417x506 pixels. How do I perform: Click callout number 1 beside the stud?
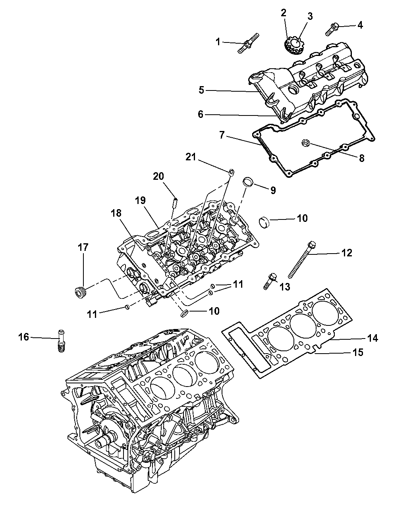point(218,42)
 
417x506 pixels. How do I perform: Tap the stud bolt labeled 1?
point(248,42)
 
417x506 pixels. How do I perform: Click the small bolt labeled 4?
point(332,29)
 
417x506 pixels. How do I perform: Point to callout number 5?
point(201,90)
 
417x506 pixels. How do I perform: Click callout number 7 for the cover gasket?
point(222,135)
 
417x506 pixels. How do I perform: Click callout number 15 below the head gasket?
point(358,352)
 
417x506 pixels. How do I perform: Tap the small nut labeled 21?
point(231,172)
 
